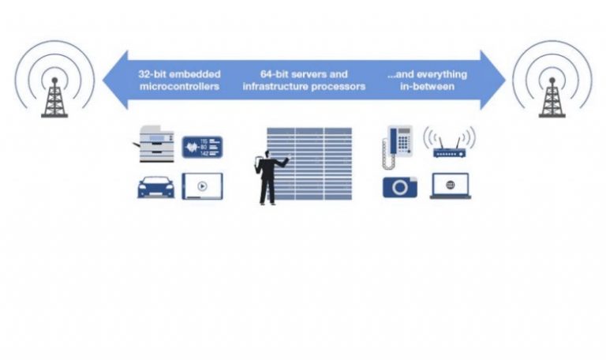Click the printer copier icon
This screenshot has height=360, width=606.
(156, 144)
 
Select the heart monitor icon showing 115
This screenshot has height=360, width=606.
(202, 147)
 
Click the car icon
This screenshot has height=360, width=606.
(156, 186)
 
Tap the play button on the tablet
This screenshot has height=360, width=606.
(202, 187)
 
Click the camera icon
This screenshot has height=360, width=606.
(400, 186)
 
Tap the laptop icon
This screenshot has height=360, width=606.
(451, 186)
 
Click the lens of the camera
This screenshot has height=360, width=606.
(401, 188)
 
